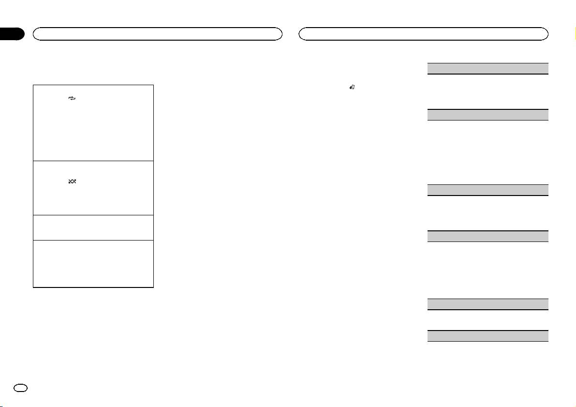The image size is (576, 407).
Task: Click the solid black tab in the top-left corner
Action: point(12,34)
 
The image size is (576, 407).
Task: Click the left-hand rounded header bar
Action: point(157,33)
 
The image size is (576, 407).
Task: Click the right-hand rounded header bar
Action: point(424,33)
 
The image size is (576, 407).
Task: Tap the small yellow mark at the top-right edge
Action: point(574,34)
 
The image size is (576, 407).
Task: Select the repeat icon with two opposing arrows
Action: point(73,97)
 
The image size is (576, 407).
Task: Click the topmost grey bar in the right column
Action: point(487,68)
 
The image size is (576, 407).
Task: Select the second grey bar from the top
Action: point(487,115)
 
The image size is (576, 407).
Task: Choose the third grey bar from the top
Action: point(487,190)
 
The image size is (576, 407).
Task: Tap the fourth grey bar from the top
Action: point(487,237)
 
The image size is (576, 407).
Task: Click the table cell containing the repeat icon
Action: point(93,123)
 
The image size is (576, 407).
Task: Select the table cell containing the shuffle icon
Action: point(93,188)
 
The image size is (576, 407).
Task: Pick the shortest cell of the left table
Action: point(93,227)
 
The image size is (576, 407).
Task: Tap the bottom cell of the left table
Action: point(93,264)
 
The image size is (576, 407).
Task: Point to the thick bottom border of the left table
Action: point(93,288)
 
